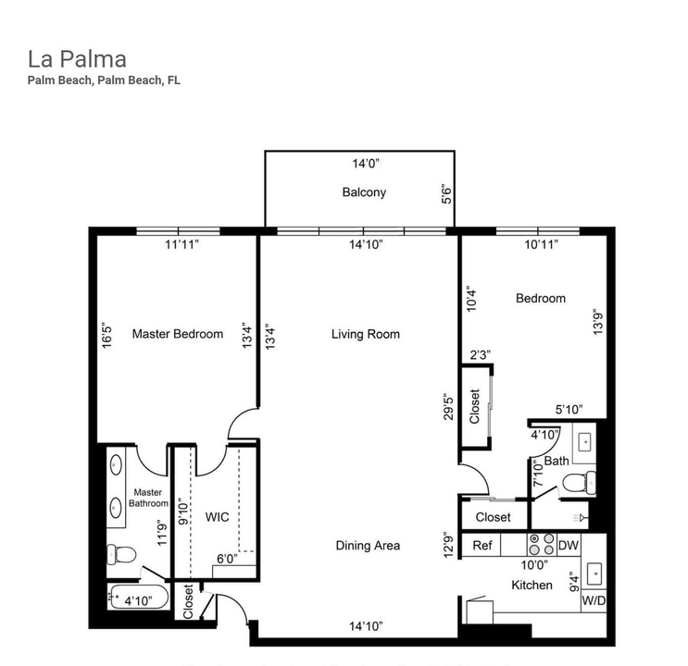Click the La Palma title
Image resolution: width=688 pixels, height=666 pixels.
click(x=77, y=60)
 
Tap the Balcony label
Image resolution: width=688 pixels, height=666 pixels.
click(x=363, y=193)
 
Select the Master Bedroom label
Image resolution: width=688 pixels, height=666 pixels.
click(x=177, y=334)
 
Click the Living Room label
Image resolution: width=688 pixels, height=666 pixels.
click(x=365, y=334)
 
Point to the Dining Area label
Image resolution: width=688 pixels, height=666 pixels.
click(x=368, y=546)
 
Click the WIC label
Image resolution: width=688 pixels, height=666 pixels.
click(x=218, y=516)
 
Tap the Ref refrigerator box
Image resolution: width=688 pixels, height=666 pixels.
click(x=482, y=546)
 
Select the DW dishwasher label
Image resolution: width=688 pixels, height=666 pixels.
click(x=568, y=546)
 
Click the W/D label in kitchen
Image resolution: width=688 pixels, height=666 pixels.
click(x=593, y=600)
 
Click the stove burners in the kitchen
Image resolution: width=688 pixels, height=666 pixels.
click(x=540, y=546)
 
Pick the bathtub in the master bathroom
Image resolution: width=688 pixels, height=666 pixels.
click(x=139, y=598)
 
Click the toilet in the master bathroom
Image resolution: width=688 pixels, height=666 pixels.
click(x=120, y=554)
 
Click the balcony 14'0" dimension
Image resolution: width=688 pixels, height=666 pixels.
click(x=366, y=164)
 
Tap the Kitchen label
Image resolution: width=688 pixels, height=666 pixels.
click(x=532, y=585)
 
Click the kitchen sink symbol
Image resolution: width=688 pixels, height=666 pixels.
click(x=594, y=573)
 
